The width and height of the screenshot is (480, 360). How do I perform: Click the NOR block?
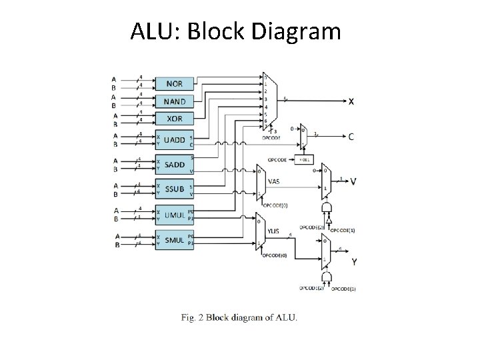[x=174, y=84]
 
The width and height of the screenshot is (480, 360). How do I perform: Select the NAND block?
[x=174, y=101]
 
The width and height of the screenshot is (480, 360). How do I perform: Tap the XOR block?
[x=174, y=119]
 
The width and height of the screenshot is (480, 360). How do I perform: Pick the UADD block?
[x=174, y=140]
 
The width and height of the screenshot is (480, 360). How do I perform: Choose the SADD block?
[x=174, y=164]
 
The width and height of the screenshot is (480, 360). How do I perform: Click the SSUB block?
[x=174, y=189]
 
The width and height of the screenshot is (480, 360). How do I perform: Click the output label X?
[x=351, y=101]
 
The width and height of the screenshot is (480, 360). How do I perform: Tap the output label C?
[x=351, y=137]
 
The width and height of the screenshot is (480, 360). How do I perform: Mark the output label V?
[x=353, y=181]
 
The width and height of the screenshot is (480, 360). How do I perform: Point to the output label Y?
[x=353, y=262]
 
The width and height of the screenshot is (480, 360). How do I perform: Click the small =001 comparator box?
[x=304, y=160]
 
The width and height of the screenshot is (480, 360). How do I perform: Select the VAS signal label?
[x=273, y=180]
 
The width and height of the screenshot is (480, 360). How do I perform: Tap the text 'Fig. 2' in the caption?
[x=192, y=317]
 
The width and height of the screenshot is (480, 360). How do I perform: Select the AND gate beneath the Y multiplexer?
[x=327, y=276]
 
